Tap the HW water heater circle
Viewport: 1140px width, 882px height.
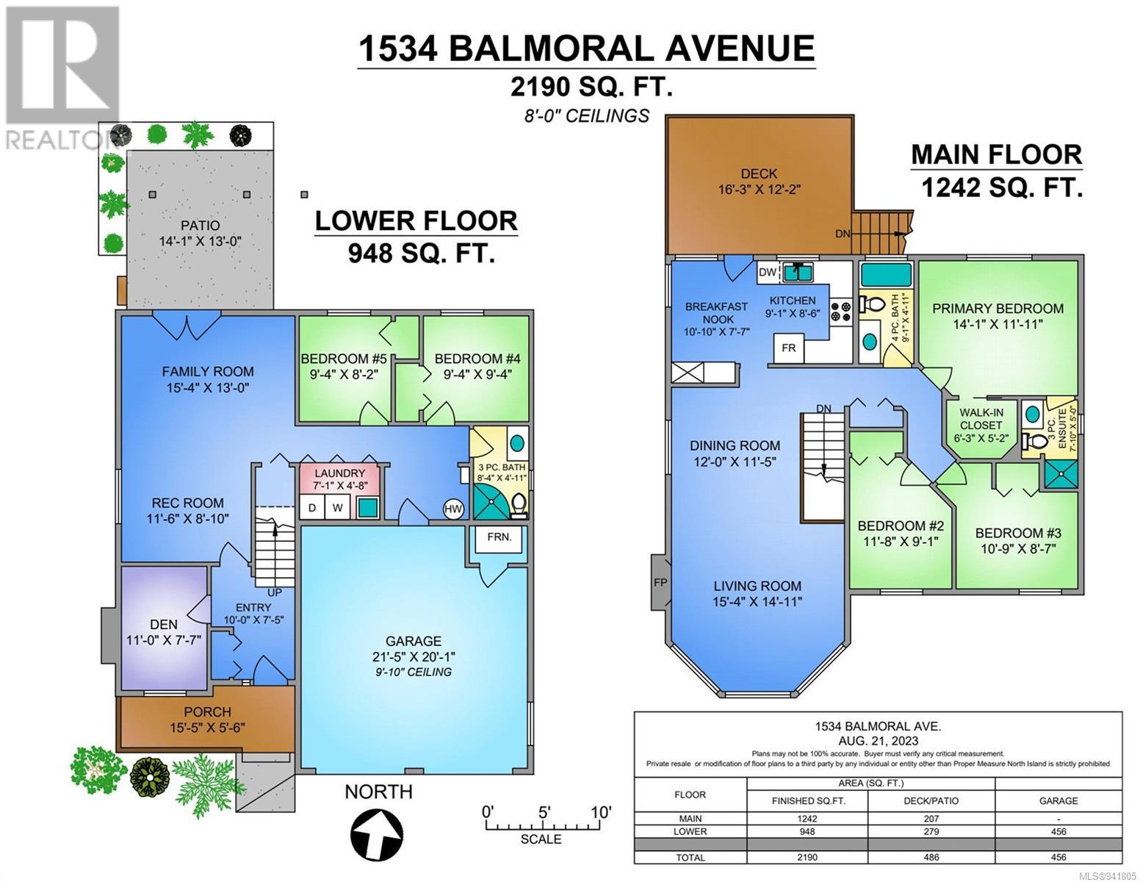(452, 509)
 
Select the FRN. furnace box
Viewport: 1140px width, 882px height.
(499, 537)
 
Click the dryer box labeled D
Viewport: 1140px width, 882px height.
(312, 507)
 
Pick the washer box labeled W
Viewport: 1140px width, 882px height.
(337, 507)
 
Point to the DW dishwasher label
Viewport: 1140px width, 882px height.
(768, 272)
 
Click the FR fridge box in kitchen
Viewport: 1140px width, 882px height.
(788, 348)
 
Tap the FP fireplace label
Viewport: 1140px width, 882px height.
(660, 582)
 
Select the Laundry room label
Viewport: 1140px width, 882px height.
(339, 473)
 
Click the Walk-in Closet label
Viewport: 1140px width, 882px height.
(981, 419)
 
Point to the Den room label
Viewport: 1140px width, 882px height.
(164, 624)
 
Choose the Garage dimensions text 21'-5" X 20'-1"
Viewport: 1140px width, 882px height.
(414, 656)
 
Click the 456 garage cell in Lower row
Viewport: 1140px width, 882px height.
(1058, 831)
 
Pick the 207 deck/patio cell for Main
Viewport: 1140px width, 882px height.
(931, 818)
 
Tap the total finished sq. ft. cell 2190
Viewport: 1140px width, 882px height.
(807, 857)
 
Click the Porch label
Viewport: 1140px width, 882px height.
(207, 712)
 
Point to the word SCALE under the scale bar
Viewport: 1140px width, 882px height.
(541, 839)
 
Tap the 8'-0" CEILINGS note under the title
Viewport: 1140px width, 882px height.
(586, 115)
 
